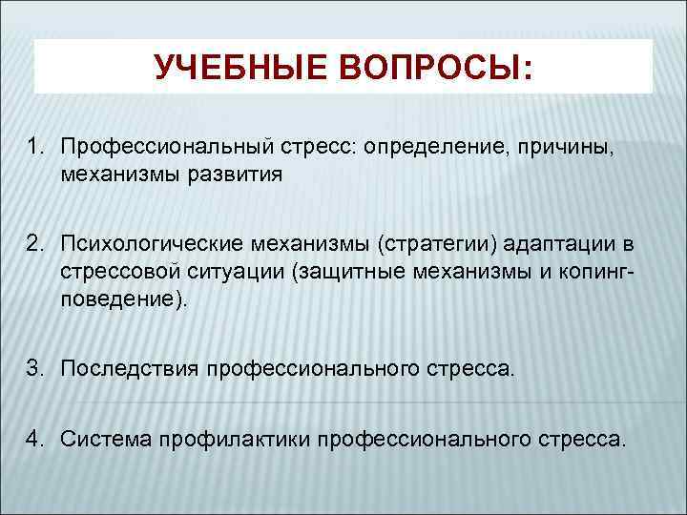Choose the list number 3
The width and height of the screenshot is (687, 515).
click(x=35, y=367)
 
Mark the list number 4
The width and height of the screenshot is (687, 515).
click(x=35, y=439)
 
